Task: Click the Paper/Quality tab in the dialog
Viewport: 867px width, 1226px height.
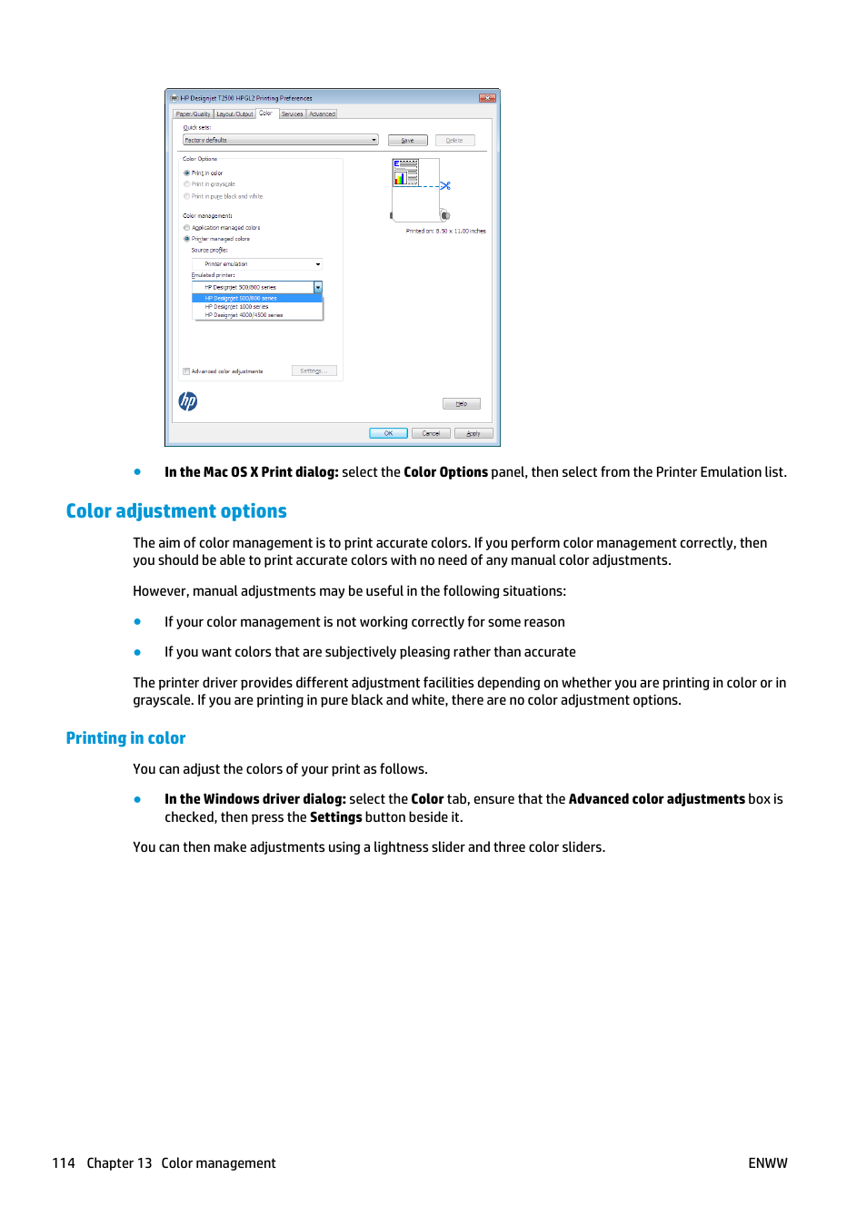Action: click(x=193, y=114)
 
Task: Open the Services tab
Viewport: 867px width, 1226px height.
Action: click(x=292, y=114)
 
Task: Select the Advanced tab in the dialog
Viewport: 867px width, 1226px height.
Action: click(x=322, y=114)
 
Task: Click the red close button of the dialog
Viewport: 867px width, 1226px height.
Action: click(x=487, y=98)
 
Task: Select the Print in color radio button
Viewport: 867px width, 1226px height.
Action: click(x=187, y=173)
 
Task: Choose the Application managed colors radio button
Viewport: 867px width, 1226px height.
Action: click(x=187, y=228)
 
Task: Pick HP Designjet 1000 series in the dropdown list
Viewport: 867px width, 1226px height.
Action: click(x=236, y=307)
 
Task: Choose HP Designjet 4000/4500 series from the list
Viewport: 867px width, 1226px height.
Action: click(x=244, y=315)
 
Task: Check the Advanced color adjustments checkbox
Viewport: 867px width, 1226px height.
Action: click(x=186, y=371)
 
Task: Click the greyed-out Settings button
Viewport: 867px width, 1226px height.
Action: click(x=314, y=371)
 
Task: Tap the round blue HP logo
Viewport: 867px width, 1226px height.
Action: click(x=188, y=401)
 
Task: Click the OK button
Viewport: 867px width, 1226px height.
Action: click(x=388, y=433)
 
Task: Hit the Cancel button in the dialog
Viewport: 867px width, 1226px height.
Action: click(x=431, y=433)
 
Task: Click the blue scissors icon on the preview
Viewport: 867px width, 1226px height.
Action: click(x=445, y=185)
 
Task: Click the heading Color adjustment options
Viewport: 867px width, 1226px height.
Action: click(x=176, y=511)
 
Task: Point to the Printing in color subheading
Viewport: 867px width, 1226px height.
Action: click(x=125, y=738)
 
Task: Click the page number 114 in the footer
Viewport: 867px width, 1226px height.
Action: click(x=64, y=1163)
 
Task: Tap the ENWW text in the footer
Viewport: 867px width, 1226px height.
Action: click(x=767, y=1163)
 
